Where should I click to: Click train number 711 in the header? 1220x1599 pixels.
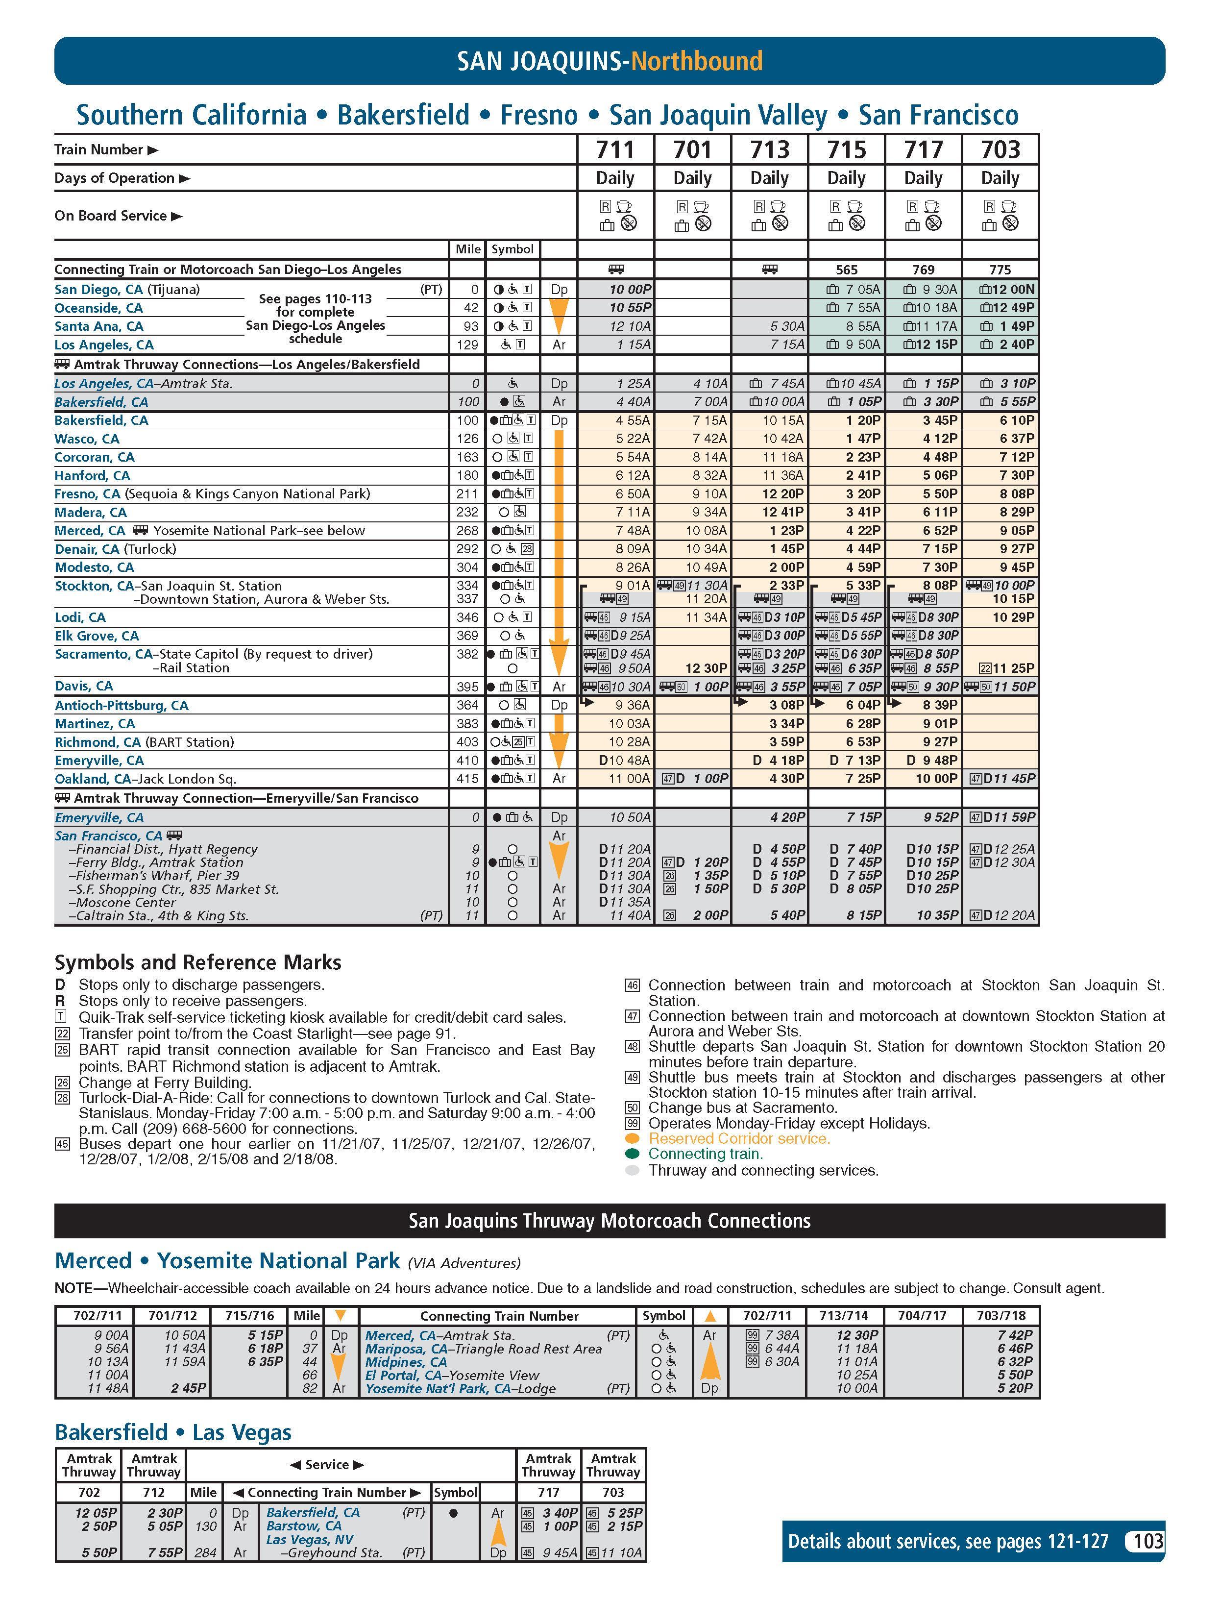click(615, 149)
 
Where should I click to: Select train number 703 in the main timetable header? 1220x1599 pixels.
click(1000, 149)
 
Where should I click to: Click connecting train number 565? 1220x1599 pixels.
click(846, 270)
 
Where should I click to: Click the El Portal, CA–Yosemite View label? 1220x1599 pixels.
click(452, 1376)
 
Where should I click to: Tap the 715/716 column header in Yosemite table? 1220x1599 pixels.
click(249, 1316)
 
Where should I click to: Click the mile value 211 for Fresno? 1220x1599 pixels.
click(467, 494)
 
